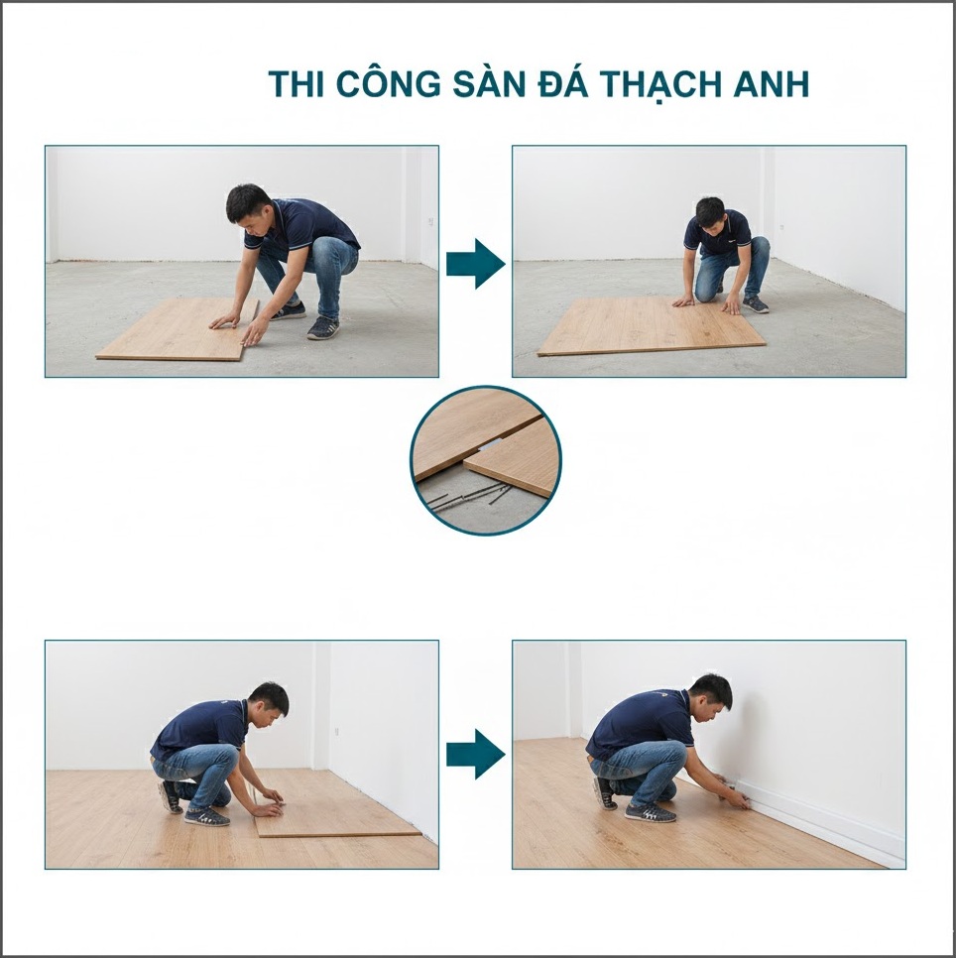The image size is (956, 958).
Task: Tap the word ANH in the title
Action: (x=774, y=84)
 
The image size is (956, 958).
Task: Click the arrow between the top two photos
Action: (x=475, y=263)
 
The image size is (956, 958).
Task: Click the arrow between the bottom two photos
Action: (x=475, y=754)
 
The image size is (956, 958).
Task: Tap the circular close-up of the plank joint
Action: (x=486, y=460)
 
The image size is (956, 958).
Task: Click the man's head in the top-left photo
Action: (x=248, y=203)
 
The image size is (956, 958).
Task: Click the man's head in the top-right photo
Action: (x=709, y=212)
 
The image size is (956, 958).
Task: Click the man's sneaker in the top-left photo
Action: (x=322, y=328)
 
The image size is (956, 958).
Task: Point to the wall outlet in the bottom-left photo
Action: (x=336, y=731)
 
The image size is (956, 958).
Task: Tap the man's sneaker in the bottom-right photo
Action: (x=650, y=812)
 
